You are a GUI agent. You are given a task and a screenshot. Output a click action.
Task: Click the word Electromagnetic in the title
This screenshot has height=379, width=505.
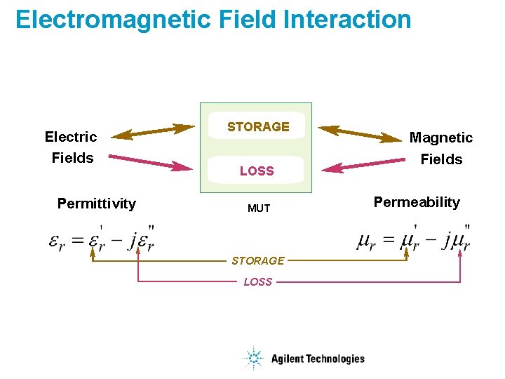click(112, 19)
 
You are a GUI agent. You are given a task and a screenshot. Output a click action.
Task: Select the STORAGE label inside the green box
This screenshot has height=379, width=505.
click(258, 126)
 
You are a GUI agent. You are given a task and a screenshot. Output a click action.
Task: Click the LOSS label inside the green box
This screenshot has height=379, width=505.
click(257, 171)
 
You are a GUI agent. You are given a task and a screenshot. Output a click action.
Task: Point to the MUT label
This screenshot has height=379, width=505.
click(258, 208)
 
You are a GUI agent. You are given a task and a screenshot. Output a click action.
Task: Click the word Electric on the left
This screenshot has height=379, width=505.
click(71, 136)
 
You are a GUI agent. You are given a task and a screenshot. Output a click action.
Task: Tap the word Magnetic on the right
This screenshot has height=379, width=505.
click(441, 138)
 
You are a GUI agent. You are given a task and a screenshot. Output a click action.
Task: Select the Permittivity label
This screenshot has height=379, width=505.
click(96, 204)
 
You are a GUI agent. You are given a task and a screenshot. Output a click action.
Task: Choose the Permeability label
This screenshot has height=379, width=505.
click(417, 202)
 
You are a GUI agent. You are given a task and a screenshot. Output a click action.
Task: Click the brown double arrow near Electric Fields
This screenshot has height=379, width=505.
click(153, 131)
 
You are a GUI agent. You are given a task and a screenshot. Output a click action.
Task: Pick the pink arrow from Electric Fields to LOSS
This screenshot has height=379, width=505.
click(150, 161)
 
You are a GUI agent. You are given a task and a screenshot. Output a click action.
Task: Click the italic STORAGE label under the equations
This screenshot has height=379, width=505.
click(258, 260)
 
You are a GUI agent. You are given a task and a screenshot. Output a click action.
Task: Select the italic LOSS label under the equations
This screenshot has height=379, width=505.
click(257, 281)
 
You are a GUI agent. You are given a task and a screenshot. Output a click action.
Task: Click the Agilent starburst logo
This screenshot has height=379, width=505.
click(252, 359)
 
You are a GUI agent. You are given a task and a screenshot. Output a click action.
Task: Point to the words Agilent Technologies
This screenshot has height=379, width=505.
click(318, 359)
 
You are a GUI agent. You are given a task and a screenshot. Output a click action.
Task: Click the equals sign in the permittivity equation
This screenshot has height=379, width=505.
click(77, 241)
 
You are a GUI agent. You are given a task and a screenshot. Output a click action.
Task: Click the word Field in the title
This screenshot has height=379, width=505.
click(247, 19)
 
